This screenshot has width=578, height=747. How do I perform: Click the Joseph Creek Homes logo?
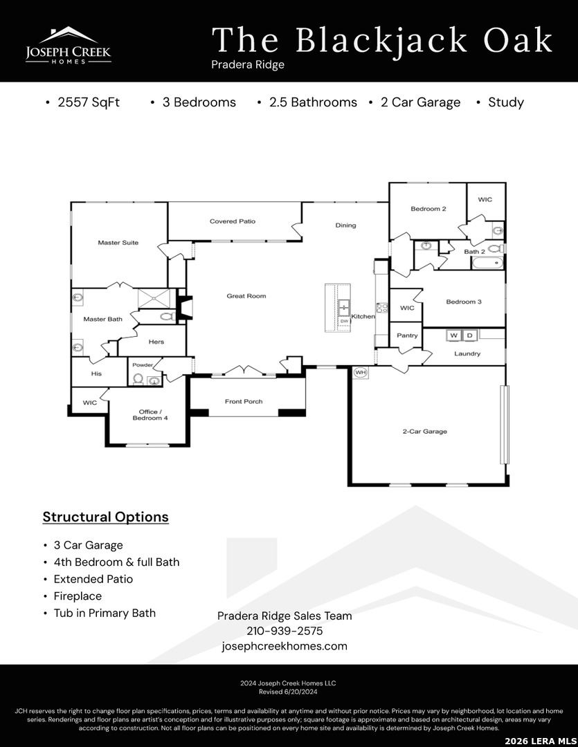[69, 45]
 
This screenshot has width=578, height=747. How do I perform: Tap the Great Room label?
[246, 296]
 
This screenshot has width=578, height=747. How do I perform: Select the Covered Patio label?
[233, 221]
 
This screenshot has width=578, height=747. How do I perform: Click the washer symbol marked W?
[453, 335]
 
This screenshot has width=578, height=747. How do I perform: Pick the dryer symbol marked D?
[470, 335]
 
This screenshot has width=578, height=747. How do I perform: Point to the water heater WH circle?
[361, 372]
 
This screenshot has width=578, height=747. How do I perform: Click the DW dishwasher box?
[344, 322]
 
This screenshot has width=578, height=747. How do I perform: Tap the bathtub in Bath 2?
[487, 263]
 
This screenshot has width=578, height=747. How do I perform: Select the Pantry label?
[407, 335]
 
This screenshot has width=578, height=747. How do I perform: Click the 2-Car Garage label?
[425, 432]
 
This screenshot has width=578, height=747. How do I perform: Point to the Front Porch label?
[244, 402]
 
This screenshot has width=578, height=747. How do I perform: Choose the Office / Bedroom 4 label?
[150, 415]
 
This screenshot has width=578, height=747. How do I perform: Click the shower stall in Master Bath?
[154, 299]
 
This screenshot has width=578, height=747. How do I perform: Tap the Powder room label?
[143, 365]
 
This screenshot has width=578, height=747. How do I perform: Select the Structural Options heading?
[105, 517]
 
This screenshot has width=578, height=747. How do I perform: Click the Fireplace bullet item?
[78, 596]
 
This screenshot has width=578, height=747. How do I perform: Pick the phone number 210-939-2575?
[285, 631]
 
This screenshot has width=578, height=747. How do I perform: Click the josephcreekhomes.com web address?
[285, 646]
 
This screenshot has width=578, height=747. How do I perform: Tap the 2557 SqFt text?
[89, 102]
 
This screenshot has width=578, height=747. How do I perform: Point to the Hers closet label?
[156, 342]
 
